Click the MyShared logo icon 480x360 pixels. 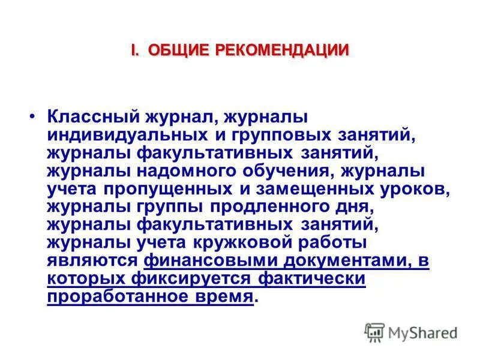375,332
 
